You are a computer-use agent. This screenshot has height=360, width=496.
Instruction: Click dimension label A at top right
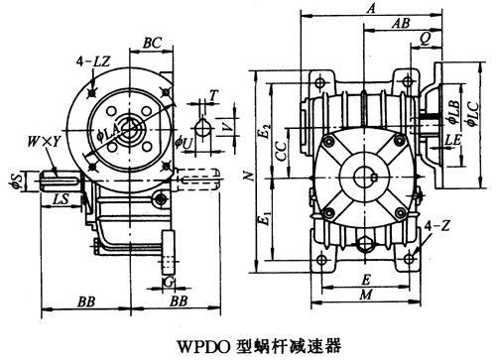click(370, 8)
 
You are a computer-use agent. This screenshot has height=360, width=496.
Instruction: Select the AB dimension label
click(403, 23)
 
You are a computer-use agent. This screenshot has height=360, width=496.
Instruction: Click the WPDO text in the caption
click(204, 346)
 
